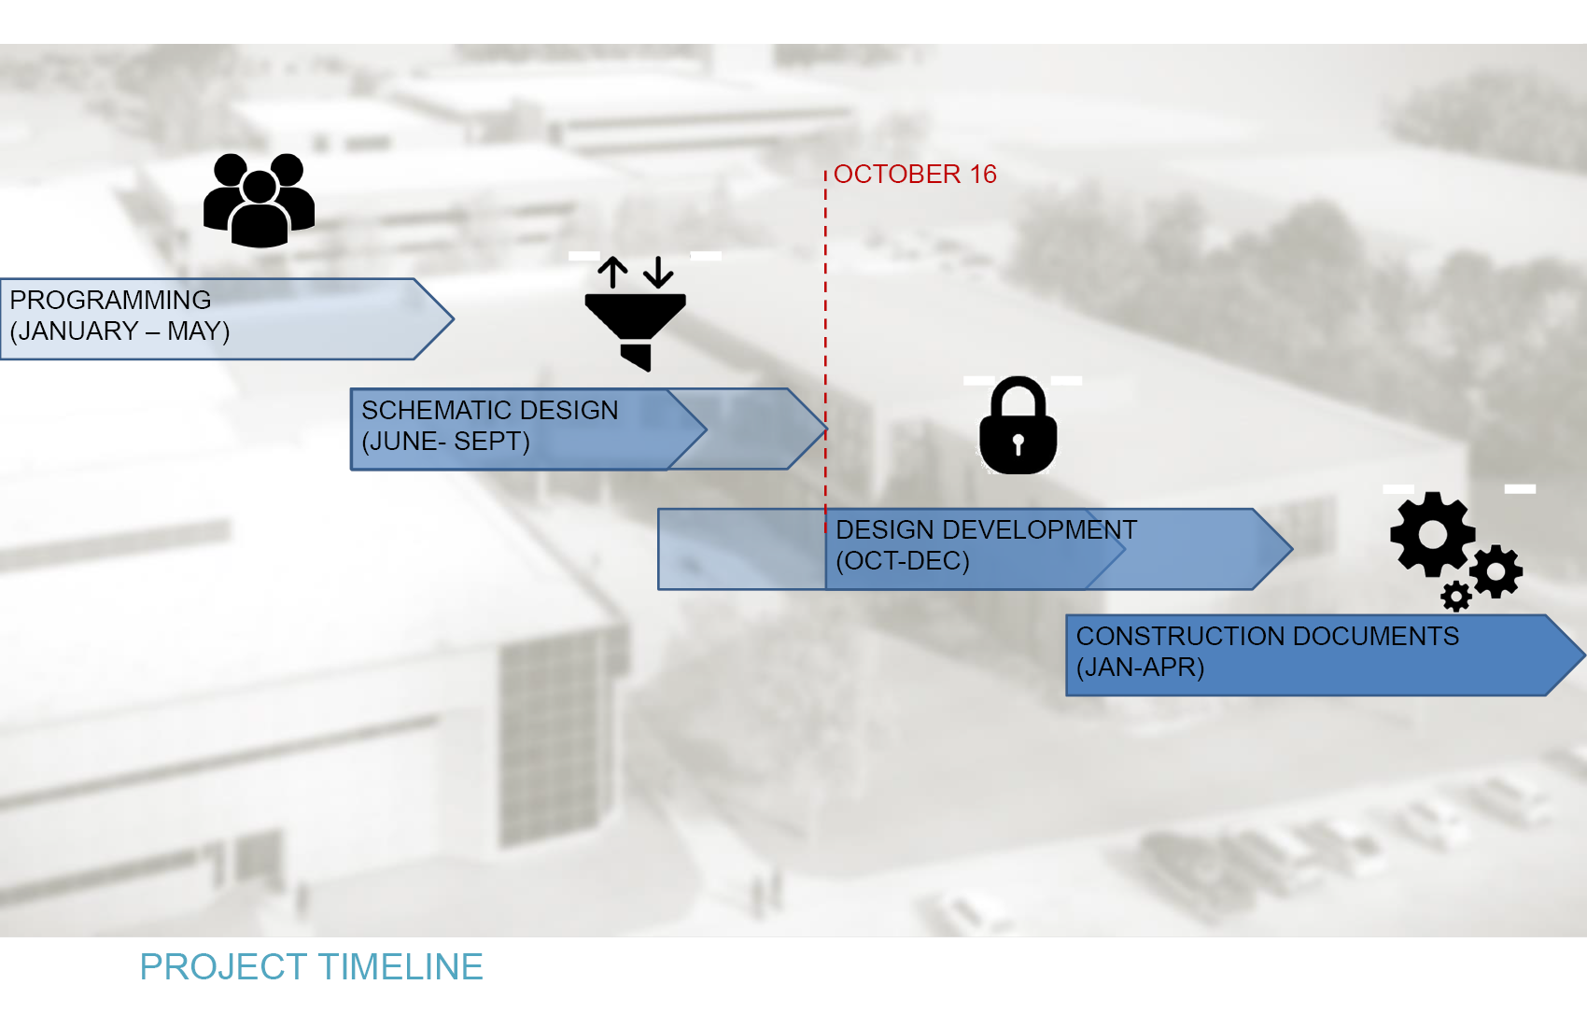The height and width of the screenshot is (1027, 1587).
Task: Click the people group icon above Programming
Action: coord(260,200)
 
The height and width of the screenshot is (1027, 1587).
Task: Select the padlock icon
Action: coord(1018,425)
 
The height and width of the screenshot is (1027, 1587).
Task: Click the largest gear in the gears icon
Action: coord(1433,534)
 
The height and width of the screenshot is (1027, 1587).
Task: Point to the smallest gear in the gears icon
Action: coord(1456,596)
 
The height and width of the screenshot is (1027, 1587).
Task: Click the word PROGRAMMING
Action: coord(110,300)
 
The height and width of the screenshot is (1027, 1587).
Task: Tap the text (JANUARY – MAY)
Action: coord(119,331)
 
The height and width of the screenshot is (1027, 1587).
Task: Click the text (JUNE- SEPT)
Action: coord(445,442)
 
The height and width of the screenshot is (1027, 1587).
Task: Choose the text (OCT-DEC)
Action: coord(903,560)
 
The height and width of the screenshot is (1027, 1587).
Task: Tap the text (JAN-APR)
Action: coord(1140,667)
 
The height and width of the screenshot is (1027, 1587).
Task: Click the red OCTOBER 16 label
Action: coord(915,175)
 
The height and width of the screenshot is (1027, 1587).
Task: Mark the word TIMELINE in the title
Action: coord(400,966)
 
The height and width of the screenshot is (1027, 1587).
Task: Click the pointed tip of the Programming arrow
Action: coord(454,319)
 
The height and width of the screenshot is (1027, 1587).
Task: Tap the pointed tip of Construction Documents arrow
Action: coord(1583,654)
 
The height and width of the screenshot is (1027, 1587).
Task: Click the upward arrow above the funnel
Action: coord(612,273)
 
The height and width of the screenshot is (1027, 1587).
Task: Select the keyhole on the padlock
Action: coord(1018,443)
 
